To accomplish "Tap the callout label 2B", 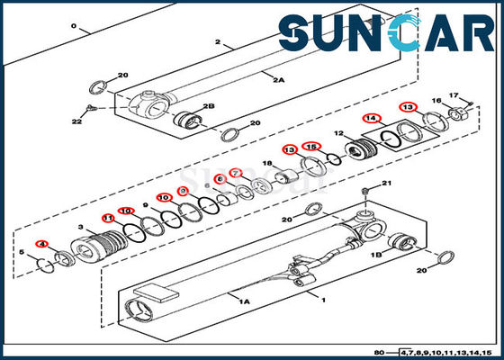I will [209, 106].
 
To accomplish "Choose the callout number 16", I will [436, 102].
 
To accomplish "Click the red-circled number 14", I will [371, 118].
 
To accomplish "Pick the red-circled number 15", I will [310, 147].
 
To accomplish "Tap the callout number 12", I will [340, 134].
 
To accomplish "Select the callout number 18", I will [267, 163].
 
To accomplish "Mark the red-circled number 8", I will [220, 179].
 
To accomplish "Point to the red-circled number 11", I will [108, 218].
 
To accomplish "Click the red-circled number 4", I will [40, 245].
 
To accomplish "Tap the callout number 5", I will [24, 253].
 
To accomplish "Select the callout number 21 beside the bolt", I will [388, 184].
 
